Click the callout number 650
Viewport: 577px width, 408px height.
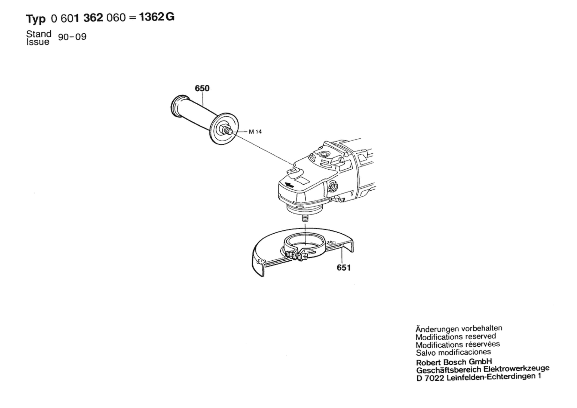click(202, 89)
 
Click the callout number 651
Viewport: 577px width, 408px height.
click(344, 268)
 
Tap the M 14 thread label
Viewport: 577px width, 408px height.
click(255, 132)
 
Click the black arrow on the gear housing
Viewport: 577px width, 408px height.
click(289, 185)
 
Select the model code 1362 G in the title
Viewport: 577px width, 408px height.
click(156, 17)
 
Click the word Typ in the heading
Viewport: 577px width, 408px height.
click(36, 19)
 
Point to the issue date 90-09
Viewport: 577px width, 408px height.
click(72, 37)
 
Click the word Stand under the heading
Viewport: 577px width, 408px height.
click(39, 34)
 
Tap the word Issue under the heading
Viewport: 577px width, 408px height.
click(38, 42)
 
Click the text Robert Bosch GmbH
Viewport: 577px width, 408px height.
click(453, 362)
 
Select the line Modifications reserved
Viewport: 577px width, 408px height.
click(456, 336)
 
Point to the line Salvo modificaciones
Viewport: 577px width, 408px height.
click(453, 352)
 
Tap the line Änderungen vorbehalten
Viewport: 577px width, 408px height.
click(459, 329)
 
